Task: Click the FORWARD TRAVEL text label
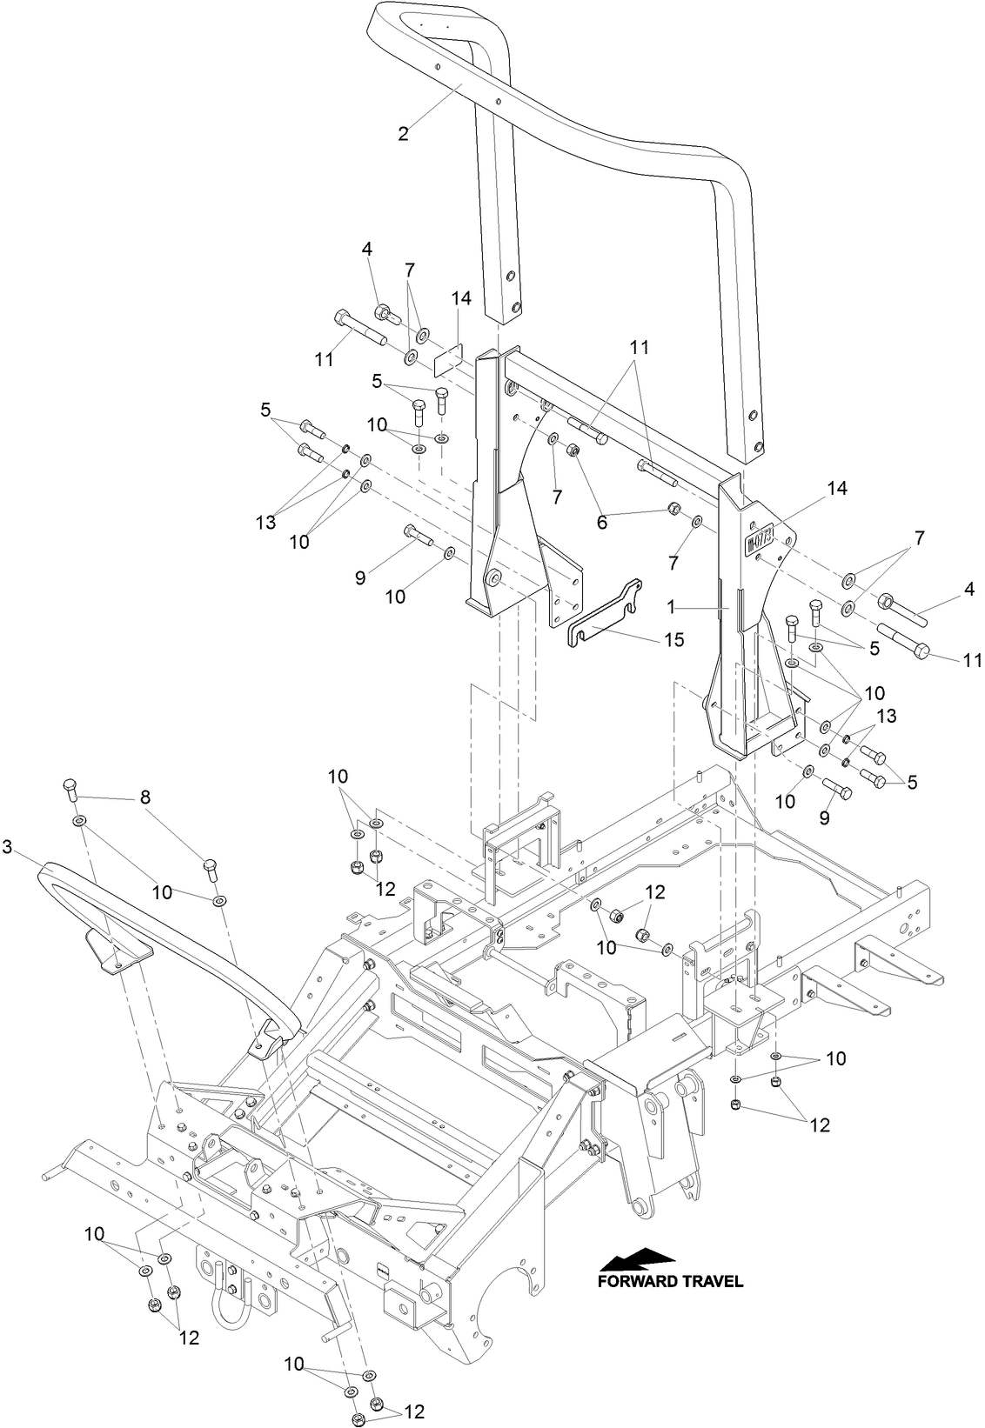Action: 670,1281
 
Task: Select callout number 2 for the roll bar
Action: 403,134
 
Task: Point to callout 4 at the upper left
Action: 367,249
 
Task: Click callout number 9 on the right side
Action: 825,818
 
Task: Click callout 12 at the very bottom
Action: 413,1411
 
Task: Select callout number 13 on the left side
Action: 265,523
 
